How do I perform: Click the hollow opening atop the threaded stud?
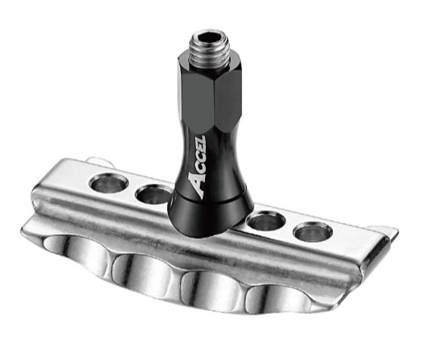pyautogui.click(x=207, y=36)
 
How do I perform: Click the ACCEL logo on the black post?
pyautogui.click(x=197, y=167)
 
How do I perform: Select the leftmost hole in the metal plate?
pyautogui.click(x=108, y=185)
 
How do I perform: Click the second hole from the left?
pyautogui.click(x=154, y=195)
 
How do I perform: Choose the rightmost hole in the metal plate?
pyautogui.click(x=314, y=232)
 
